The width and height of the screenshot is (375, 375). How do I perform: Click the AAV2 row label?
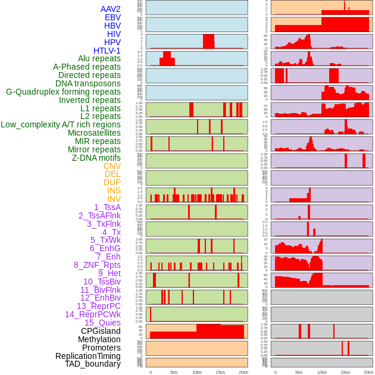111,9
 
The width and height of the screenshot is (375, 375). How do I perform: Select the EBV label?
112,17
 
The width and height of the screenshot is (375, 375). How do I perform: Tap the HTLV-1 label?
107,51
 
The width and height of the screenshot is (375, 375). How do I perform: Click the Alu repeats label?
99,58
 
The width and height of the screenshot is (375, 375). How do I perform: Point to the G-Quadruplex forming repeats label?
63,92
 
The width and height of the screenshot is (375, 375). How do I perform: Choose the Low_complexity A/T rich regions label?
61,124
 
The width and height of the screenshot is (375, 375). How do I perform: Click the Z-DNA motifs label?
96,158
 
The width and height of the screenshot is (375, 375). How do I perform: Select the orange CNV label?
112,166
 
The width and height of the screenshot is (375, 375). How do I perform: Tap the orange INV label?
114,199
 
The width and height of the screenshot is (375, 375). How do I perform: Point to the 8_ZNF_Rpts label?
97,265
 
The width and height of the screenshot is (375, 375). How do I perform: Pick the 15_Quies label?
102,323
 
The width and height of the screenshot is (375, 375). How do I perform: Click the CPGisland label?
101,331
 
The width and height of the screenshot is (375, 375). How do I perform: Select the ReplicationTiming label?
88,356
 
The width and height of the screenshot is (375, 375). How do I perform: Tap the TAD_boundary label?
93,364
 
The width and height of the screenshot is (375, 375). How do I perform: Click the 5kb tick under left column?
174,372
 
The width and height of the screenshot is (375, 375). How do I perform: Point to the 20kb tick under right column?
368,372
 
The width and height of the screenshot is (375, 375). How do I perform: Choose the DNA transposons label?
88,83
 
